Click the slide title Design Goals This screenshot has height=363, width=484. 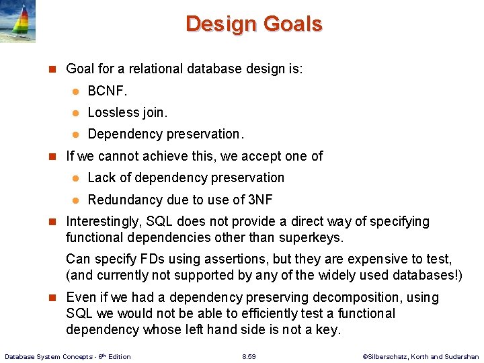coord(253,24)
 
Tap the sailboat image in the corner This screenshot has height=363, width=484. coord(18,22)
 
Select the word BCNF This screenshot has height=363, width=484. coord(107,91)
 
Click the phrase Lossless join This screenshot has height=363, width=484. coord(128,112)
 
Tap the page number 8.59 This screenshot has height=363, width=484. coord(249,356)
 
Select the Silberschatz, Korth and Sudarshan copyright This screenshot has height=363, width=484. coord(420,356)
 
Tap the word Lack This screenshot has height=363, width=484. coord(102,177)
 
